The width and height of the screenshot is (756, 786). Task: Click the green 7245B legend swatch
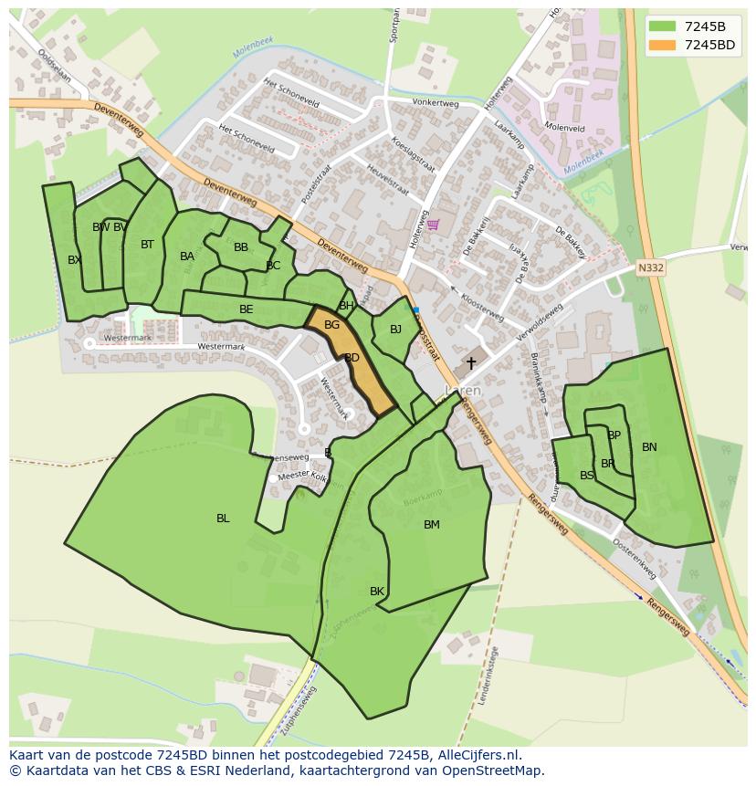click(x=662, y=26)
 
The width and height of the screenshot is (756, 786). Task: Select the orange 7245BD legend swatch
click(x=662, y=45)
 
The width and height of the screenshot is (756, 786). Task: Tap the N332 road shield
click(x=650, y=267)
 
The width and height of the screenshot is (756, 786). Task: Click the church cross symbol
click(x=471, y=363)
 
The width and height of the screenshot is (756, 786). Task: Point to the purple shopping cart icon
click(x=433, y=225)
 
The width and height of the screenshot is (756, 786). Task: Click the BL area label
click(x=223, y=519)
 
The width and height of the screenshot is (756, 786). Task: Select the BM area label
click(x=432, y=525)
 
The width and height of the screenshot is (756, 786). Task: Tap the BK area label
click(x=377, y=592)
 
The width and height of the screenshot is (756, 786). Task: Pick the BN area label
click(x=649, y=447)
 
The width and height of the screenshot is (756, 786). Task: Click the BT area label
click(x=147, y=245)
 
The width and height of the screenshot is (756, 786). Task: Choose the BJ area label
click(x=395, y=330)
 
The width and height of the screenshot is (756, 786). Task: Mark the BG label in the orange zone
click(x=331, y=325)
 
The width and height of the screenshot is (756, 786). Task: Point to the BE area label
click(x=246, y=309)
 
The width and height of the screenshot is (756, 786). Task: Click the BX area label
click(x=74, y=260)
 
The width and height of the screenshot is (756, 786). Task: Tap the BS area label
click(x=587, y=476)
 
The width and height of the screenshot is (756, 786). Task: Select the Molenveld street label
click(x=564, y=127)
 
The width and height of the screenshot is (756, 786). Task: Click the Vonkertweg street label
click(x=435, y=102)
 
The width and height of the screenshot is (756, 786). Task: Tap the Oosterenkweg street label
click(x=634, y=557)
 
